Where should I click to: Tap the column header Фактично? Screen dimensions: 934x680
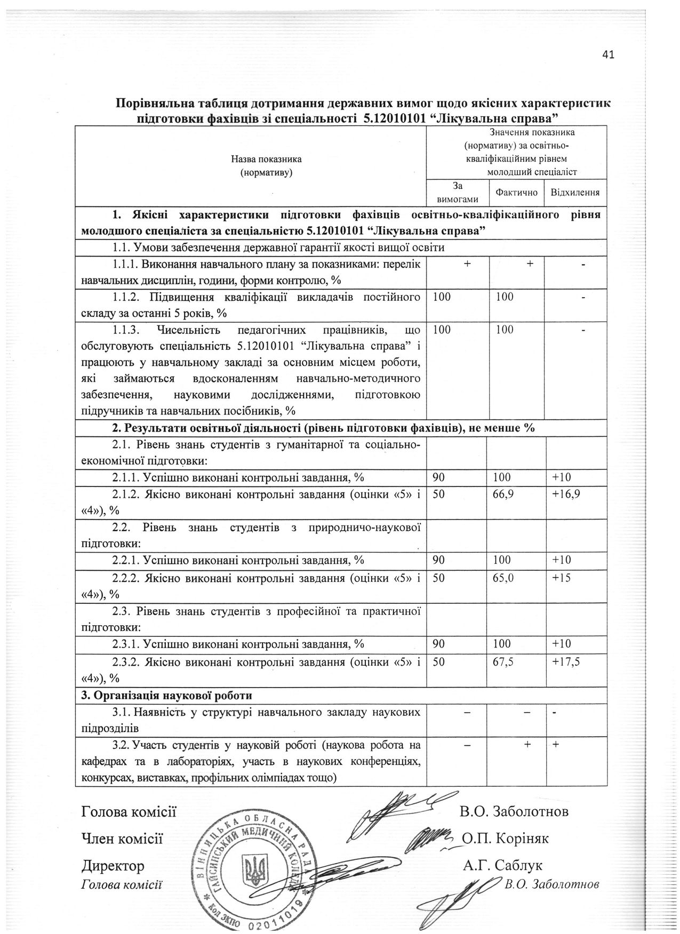tap(516, 192)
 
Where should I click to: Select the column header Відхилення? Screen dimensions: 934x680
tap(575, 192)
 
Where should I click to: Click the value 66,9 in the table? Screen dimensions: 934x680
tap(505, 494)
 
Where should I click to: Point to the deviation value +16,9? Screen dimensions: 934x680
tap(566, 494)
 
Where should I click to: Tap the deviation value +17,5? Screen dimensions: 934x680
tap(566, 662)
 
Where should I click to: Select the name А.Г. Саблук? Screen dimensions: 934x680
tap(502, 865)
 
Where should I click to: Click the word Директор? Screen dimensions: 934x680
tap(113, 865)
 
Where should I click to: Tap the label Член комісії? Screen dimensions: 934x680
tap(122, 838)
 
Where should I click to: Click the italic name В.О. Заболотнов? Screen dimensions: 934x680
tap(551, 884)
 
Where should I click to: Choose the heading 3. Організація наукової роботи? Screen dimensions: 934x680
tap(167, 696)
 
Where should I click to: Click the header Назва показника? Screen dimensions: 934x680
tap(266, 159)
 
